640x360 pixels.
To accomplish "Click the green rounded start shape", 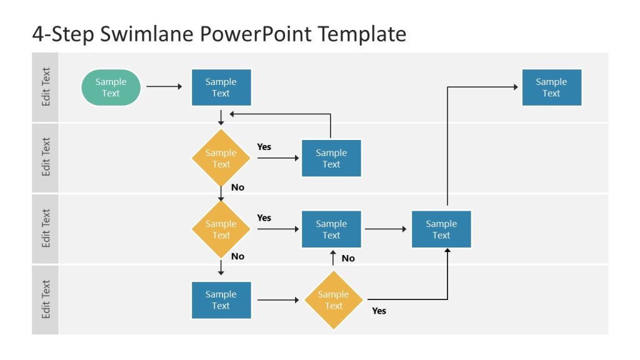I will (x=111, y=87).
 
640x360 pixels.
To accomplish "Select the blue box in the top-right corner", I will (x=551, y=87).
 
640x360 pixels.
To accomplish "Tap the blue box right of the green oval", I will (x=221, y=87).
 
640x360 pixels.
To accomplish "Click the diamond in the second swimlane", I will (x=221, y=158).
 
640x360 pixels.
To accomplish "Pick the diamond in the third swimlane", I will (x=221, y=229).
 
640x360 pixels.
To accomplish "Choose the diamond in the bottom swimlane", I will (x=334, y=300).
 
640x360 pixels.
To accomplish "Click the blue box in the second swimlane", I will (x=331, y=158).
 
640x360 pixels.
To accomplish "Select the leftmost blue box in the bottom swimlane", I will (x=221, y=300).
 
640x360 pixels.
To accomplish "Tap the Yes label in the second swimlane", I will (x=264, y=147).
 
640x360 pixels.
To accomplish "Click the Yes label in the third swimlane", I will (x=264, y=217).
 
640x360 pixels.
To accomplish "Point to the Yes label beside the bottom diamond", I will (x=379, y=311).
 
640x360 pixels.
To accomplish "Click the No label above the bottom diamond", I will (x=348, y=258).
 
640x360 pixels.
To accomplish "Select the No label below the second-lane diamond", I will (x=237, y=187).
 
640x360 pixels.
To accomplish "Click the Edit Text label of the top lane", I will (x=46, y=87).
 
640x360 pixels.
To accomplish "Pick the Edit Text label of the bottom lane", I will (x=46, y=299).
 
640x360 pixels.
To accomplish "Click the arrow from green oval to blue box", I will (x=164, y=87).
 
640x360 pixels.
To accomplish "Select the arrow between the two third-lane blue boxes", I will (x=386, y=229).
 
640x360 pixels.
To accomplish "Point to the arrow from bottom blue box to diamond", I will (x=278, y=300).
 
